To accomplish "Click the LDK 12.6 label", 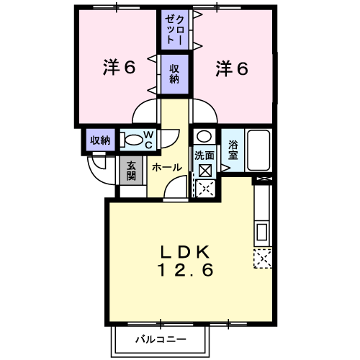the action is [x=185, y=261].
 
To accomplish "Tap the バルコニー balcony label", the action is [x=161, y=339].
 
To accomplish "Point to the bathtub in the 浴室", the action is [x=258, y=150].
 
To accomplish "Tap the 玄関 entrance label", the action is [x=131, y=171].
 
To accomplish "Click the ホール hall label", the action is [x=167, y=167].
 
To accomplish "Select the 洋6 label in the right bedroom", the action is [x=232, y=68].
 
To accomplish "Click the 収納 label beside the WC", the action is [x=100, y=140].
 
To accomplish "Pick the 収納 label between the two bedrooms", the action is [x=174, y=74].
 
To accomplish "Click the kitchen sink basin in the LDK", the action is [x=262, y=231].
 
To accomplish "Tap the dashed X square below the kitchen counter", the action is [x=263, y=258].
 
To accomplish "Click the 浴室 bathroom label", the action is [x=233, y=150].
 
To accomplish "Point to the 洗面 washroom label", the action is [x=204, y=156].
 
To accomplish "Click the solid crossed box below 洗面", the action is [x=205, y=171].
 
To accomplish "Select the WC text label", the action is [x=149, y=140].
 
